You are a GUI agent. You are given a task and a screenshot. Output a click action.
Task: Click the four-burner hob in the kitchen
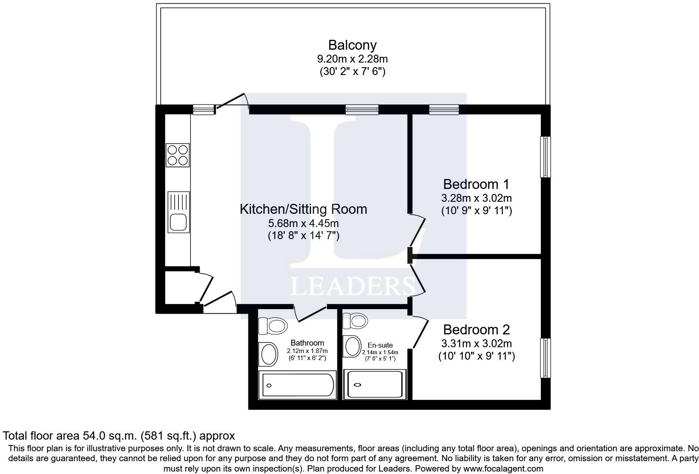coord(178,155)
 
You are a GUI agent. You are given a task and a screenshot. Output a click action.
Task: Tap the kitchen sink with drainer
coord(178,212)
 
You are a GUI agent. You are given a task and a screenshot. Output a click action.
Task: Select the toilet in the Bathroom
coord(273,326)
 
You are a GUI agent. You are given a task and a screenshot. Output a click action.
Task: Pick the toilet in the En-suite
coord(355,321)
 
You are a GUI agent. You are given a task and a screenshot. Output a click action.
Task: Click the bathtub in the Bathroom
coord(297,385)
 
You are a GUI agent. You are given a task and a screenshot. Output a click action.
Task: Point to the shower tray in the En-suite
coord(375,385)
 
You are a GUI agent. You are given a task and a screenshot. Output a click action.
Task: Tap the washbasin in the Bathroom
coord(268,354)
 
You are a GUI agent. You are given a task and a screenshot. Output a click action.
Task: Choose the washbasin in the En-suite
coord(352,346)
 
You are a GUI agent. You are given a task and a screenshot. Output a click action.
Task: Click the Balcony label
coord(352,45)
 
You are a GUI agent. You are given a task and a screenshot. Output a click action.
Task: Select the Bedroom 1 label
coord(476,184)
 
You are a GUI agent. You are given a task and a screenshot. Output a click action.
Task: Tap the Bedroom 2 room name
coord(477,329)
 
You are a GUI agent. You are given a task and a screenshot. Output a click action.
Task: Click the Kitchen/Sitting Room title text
coord(303,209)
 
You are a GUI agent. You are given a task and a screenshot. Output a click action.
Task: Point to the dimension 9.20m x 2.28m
coord(352,59)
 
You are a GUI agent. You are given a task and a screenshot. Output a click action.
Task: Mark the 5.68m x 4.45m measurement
coord(303,223)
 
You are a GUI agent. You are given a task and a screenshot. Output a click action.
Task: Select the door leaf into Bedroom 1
coord(417,232)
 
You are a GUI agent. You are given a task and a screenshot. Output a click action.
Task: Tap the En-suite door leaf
coord(421,334)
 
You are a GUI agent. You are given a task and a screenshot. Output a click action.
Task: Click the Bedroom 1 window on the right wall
coord(545,157)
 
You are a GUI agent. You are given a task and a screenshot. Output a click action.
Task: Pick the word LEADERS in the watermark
coord(353,286)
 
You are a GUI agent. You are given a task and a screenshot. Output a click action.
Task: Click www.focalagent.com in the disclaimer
coord(504,468)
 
